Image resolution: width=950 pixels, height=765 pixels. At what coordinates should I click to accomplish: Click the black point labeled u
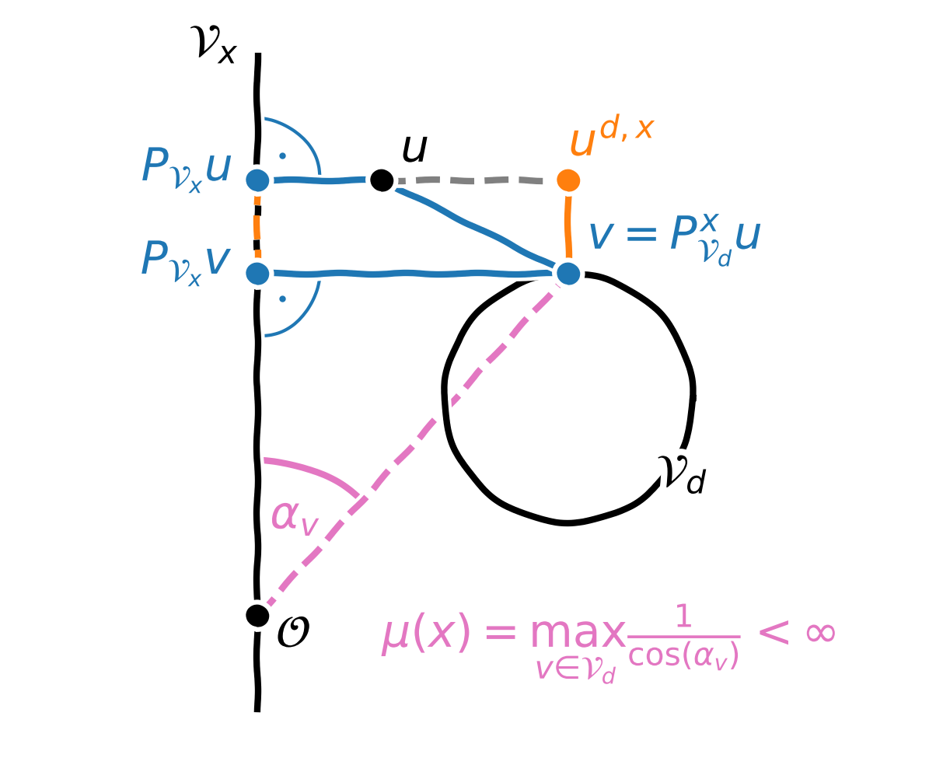coord(382,180)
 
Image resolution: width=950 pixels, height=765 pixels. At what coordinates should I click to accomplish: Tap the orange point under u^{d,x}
coord(568,180)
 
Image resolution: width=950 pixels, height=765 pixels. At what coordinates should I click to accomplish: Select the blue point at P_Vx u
coord(257,180)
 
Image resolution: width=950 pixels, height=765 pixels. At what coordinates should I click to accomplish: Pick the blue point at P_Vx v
coord(257,274)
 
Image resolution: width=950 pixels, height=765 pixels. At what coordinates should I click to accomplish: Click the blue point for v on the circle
coord(568,274)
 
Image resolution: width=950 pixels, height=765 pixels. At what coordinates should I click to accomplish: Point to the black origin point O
coord(257,615)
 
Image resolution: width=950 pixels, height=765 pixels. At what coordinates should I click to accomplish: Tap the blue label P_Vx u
coord(186,168)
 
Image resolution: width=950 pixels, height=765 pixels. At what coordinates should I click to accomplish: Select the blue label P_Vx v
coord(186,261)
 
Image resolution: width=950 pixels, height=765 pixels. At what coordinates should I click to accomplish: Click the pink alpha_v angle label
coord(294,517)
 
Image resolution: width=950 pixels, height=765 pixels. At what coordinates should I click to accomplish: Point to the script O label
coord(293,633)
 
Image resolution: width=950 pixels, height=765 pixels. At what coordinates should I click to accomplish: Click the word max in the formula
coord(577,634)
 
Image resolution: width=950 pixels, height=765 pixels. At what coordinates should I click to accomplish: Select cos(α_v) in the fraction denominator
coord(683,657)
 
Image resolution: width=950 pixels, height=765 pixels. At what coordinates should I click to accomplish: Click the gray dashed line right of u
coord(474,180)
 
